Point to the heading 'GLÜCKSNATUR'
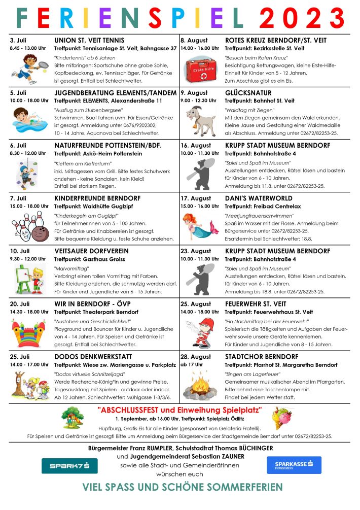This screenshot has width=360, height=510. (x=248, y=93)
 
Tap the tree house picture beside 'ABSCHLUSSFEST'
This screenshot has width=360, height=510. (x=75, y=417)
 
